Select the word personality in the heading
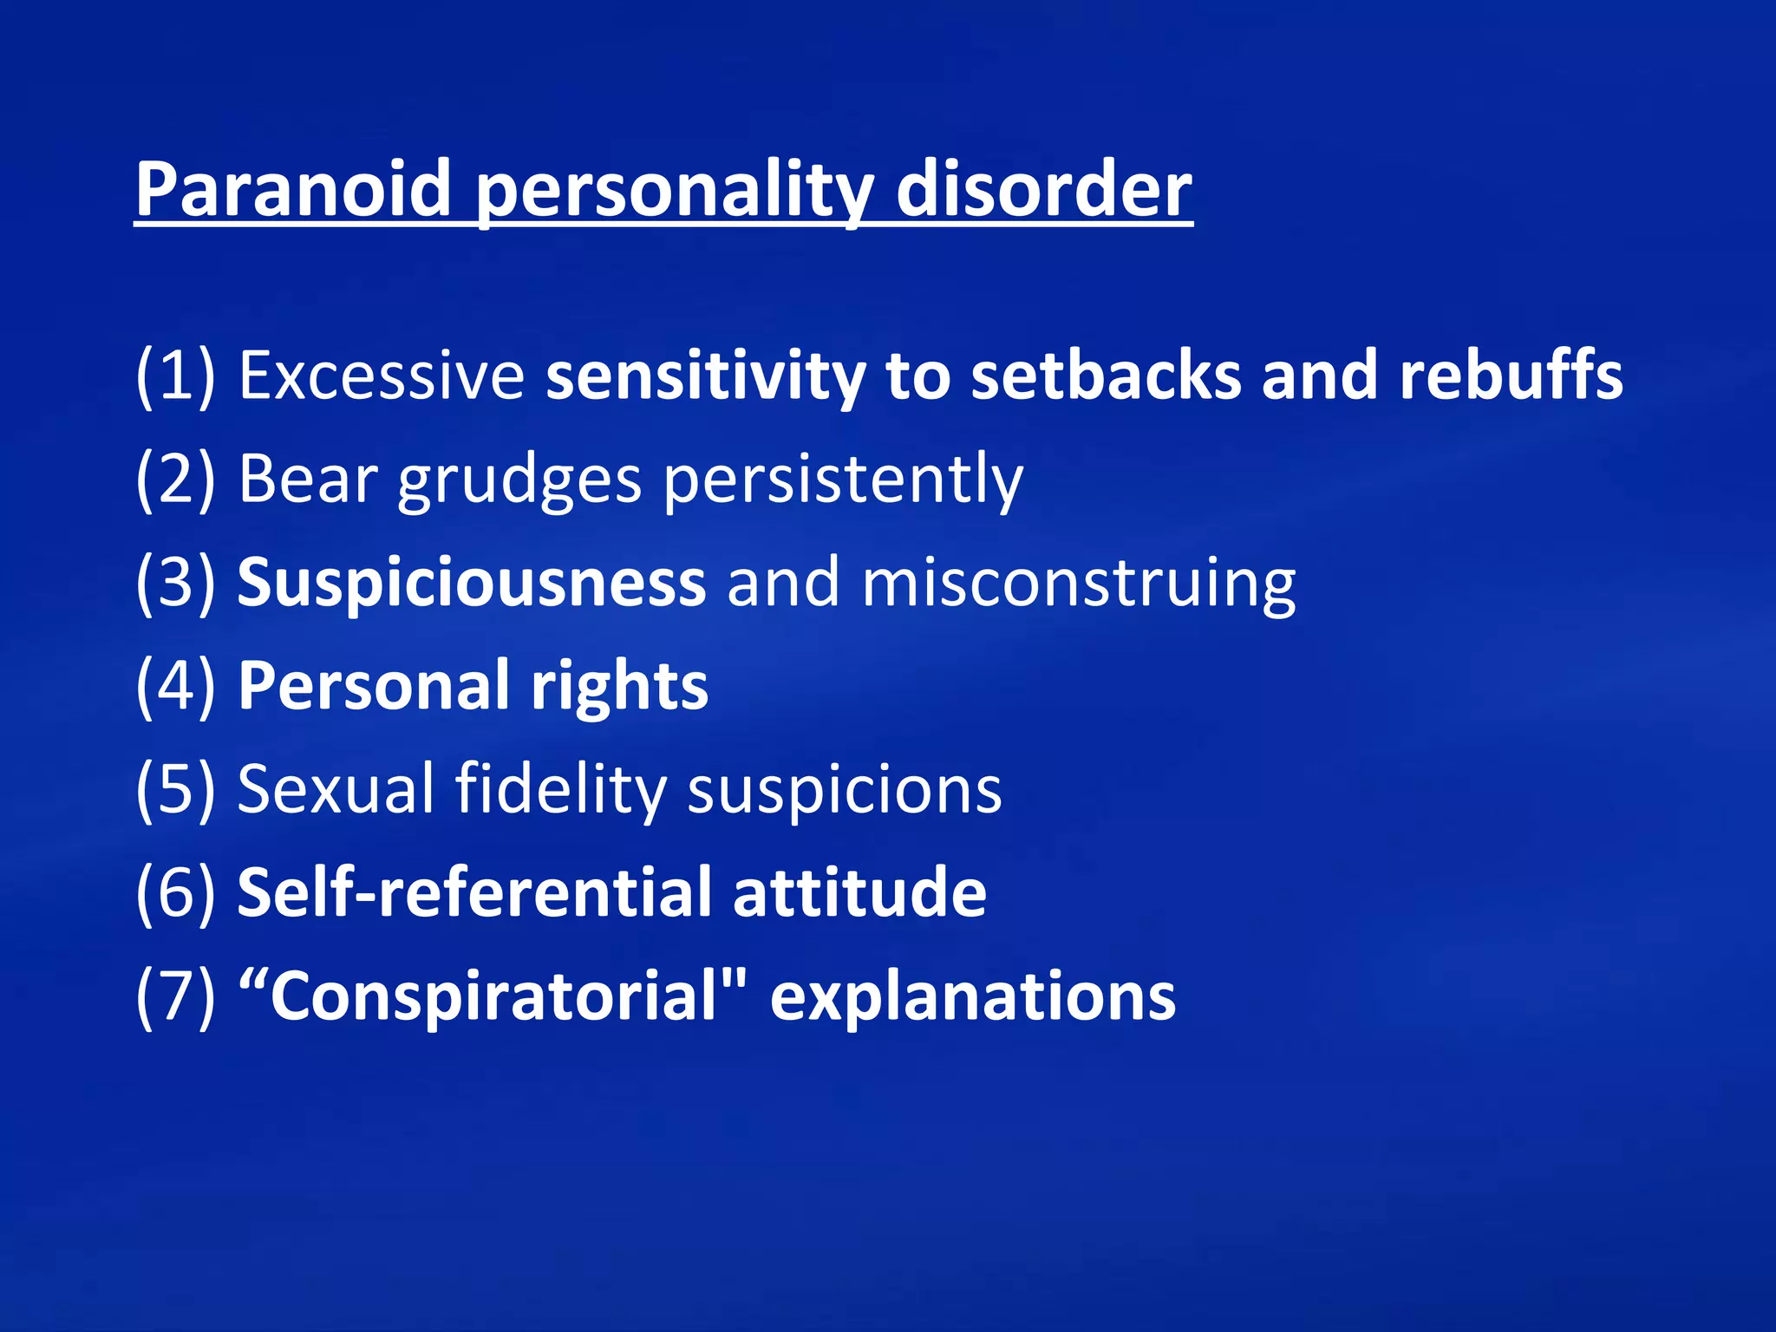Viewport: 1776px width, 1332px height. click(x=673, y=193)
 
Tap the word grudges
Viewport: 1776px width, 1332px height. click(x=519, y=480)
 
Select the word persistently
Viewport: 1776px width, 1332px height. click(x=844, y=480)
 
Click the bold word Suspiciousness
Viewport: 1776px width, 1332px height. click(x=472, y=582)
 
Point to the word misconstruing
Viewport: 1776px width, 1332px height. click(x=1079, y=584)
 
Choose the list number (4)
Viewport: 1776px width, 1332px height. click(x=175, y=686)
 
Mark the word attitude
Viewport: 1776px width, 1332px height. click(x=859, y=892)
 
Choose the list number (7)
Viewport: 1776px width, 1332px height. click(x=175, y=996)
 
